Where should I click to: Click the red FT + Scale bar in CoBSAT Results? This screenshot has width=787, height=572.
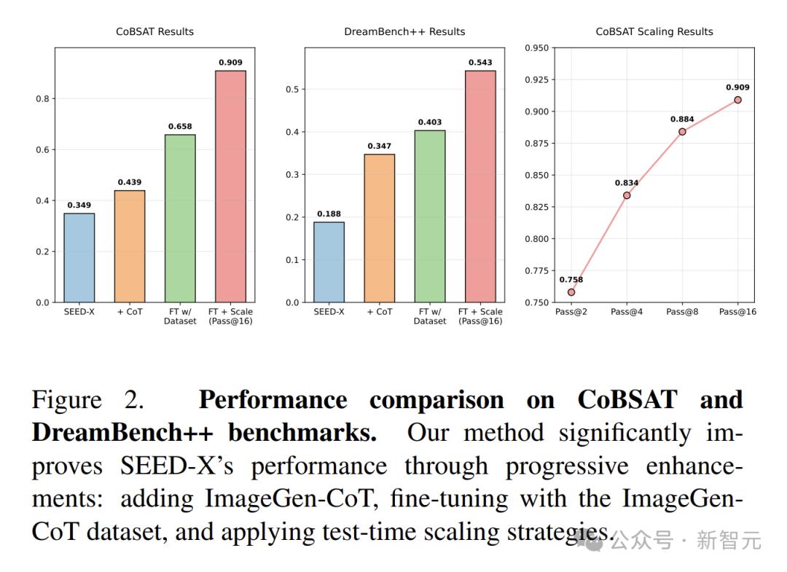[x=230, y=187]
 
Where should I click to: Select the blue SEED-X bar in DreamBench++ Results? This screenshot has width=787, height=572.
[x=329, y=262]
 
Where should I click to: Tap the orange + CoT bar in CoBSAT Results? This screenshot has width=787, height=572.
[x=130, y=246]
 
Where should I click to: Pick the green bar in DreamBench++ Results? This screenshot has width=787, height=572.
[x=430, y=216]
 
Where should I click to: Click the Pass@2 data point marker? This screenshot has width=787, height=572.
[x=571, y=292]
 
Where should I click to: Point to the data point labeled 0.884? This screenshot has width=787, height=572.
[x=682, y=132]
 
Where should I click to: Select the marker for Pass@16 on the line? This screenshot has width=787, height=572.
[x=737, y=100]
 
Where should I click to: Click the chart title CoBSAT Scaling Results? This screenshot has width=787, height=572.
[x=654, y=32]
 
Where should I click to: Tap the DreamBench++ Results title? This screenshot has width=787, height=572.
[x=404, y=32]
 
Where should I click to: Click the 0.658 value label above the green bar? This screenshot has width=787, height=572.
[x=180, y=127]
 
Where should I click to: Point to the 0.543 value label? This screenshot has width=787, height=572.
[x=480, y=63]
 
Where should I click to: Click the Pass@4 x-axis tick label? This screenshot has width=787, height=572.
[x=627, y=312]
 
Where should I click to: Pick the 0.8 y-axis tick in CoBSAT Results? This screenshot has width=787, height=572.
[x=42, y=99]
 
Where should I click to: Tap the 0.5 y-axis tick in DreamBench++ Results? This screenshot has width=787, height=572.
[x=293, y=90]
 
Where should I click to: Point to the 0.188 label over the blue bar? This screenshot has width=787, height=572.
[x=329, y=214]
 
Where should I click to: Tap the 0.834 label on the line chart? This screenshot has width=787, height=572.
[x=627, y=183]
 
